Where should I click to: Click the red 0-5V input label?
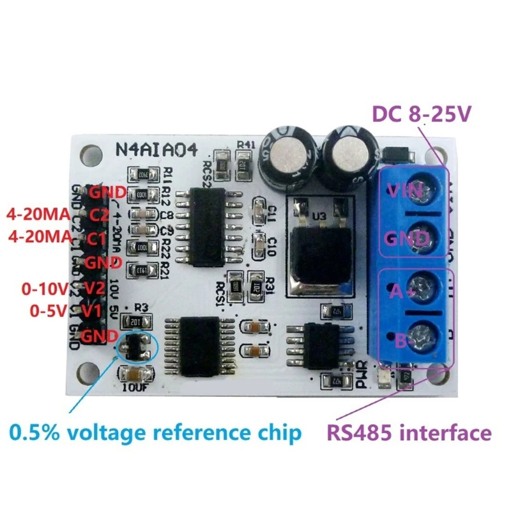[x=49, y=310]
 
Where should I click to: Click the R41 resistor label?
[x=245, y=145]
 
